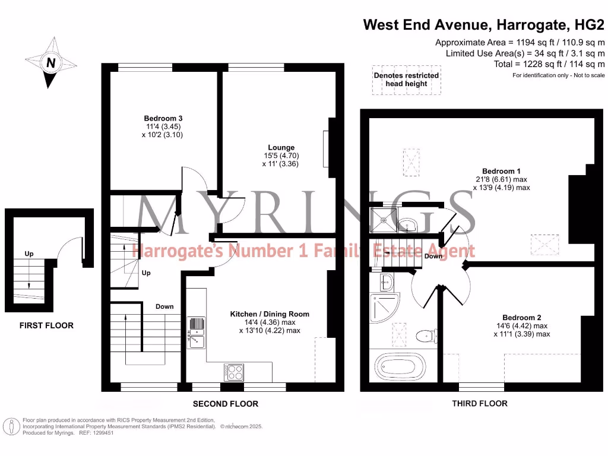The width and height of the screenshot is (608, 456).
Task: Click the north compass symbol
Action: coord(51,62)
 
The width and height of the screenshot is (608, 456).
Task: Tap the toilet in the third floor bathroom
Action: coord(425,337)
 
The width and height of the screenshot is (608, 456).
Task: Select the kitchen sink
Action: coord(195,332)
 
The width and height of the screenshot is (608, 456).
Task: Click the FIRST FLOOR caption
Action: coord(46,325)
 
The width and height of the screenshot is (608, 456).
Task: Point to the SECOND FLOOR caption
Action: coord(226,404)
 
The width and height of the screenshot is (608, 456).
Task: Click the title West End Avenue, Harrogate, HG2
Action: coord(484,25)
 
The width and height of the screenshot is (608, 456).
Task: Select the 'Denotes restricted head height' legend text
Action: coord(406,80)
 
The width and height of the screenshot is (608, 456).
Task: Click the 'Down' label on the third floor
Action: coord(433,256)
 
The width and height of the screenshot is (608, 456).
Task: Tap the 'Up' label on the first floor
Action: coord(29,254)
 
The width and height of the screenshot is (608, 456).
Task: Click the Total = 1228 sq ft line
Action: coord(549,64)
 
